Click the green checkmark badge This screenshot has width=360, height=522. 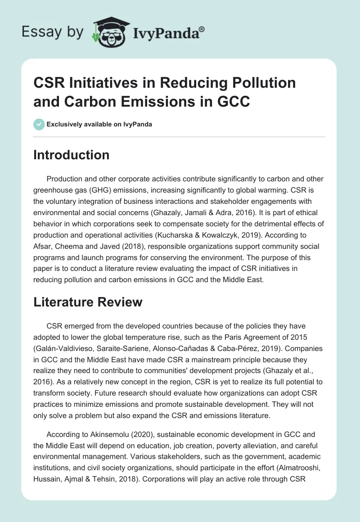[39, 124]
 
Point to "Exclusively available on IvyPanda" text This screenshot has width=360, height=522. [99, 124]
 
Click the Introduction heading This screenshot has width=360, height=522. [72, 155]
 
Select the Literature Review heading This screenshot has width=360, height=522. [88, 302]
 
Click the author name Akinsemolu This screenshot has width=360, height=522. [110, 435]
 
